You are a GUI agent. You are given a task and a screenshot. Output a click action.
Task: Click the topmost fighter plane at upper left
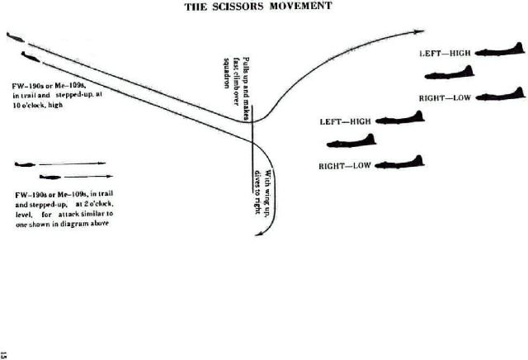[x=16, y=37]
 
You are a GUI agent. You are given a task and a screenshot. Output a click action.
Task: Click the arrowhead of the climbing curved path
[x=418, y=32]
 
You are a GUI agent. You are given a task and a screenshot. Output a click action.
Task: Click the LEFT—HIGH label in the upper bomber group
[x=445, y=52]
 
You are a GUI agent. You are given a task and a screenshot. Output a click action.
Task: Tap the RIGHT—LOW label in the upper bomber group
[x=445, y=98]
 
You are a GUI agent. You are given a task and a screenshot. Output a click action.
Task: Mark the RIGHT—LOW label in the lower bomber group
[x=345, y=166]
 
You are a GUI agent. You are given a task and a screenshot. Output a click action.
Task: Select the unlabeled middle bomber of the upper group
[x=451, y=74]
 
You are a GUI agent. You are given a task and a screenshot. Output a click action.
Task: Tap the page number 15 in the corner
[x=5, y=353]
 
